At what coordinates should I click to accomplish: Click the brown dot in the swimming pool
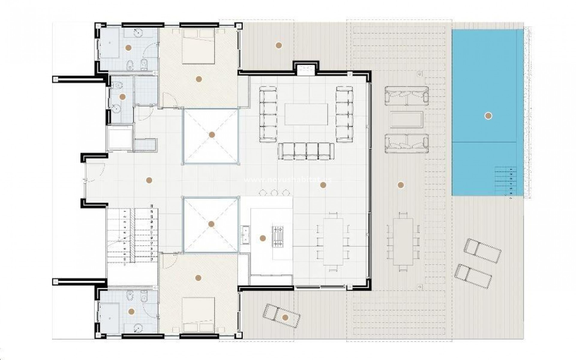[x=488, y=116]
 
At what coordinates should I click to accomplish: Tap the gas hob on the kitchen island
[x=277, y=236]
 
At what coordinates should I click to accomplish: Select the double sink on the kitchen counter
[x=245, y=235]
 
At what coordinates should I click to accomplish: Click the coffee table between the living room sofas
[x=306, y=114]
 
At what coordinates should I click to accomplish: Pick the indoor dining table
[x=333, y=241]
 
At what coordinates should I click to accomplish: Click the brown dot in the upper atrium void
[x=212, y=135]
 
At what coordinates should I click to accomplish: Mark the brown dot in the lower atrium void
[x=211, y=224]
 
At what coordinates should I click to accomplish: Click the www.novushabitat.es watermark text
[x=288, y=179]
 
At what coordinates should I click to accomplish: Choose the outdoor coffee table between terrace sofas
[x=407, y=119]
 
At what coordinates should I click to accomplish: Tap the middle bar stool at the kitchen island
[x=274, y=192]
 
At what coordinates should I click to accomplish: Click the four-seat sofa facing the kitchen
[x=306, y=151]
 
